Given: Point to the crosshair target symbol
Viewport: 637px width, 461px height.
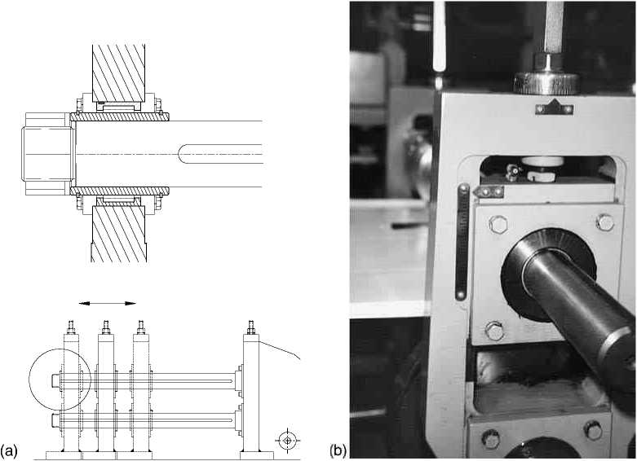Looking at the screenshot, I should pyautogui.click(x=286, y=441).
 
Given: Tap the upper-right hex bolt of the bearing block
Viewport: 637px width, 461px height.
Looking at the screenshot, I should pyautogui.click(x=604, y=222).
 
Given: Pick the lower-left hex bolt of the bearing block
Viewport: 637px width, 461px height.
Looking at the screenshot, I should pyautogui.click(x=493, y=331).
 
